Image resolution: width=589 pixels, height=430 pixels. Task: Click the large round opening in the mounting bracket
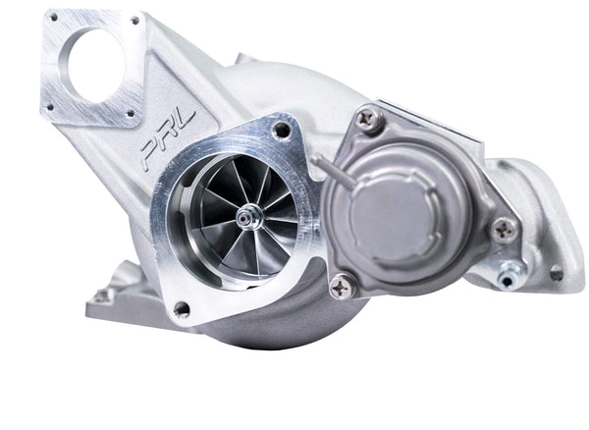[95, 63]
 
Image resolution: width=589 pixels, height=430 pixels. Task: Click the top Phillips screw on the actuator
[369, 120]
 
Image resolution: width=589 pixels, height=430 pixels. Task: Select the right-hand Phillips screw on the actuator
[506, 230]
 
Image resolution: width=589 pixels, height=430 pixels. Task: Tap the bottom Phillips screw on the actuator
[341, 286]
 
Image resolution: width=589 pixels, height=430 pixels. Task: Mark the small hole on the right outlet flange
[556, 274]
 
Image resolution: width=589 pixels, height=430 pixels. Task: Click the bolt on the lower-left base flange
[101, 294]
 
